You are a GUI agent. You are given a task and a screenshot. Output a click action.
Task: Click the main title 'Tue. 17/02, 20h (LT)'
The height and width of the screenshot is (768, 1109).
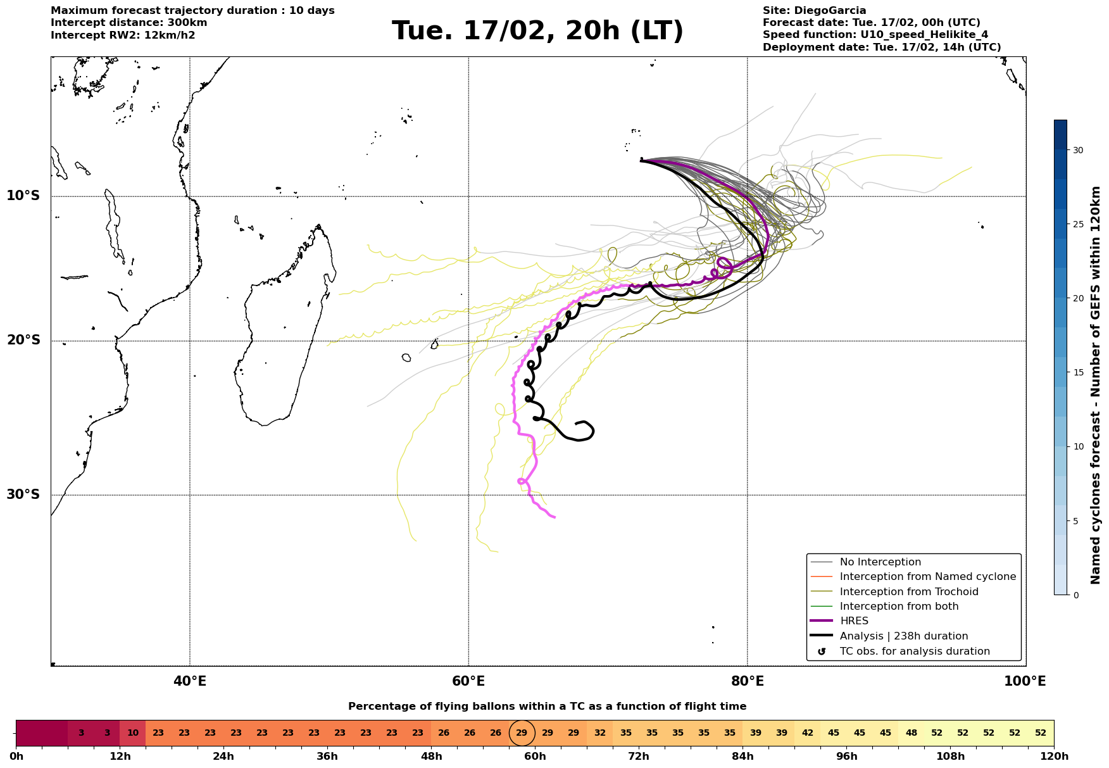[x=537, y=31]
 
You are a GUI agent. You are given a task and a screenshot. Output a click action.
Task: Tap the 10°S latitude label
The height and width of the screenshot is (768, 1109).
[x=23, y=196]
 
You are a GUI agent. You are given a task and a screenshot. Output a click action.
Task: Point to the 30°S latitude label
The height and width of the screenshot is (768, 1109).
[x=23, y=494]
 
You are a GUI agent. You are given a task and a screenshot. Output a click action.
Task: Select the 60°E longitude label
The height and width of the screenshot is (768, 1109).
[x=468, y=681]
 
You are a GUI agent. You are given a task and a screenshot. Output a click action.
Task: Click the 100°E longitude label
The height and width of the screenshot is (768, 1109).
[x=1025, y=681]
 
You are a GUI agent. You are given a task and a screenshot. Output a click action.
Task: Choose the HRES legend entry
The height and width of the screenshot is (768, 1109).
[x=854, y=621]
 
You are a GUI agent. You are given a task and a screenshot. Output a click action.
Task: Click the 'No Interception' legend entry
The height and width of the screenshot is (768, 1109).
[x=880, y=562]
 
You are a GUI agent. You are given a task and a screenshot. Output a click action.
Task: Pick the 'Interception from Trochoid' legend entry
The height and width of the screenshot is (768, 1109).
[x=908, y=592]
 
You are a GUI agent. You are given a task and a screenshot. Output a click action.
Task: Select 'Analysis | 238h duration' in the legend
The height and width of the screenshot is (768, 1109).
[x=903, y=636]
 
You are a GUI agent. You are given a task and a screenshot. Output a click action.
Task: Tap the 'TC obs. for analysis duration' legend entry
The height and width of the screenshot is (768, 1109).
[x=914, y=652]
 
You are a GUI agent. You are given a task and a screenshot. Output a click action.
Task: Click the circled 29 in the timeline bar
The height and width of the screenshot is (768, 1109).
[x=522, y=733]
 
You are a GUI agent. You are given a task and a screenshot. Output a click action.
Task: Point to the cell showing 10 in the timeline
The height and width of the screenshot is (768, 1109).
[x=133, y=733]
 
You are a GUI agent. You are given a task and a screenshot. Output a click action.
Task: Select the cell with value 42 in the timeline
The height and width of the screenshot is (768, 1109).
[x=808, y=733]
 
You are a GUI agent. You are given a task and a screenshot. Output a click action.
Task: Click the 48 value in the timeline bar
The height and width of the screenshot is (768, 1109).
[x=912, y=733]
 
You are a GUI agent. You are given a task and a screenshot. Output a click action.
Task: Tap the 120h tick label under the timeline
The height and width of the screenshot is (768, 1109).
[x=1054, y=757]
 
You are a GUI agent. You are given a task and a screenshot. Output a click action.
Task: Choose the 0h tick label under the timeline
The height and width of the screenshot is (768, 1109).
[x=16, y=757]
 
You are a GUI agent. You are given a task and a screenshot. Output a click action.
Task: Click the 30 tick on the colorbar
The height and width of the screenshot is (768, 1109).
[x=1077, y=150]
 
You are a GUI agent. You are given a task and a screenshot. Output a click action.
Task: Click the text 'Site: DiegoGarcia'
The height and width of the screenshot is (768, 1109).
[x=814, y=11]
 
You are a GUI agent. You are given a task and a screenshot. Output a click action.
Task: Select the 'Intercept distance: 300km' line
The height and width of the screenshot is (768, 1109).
[x=129, y=23]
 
